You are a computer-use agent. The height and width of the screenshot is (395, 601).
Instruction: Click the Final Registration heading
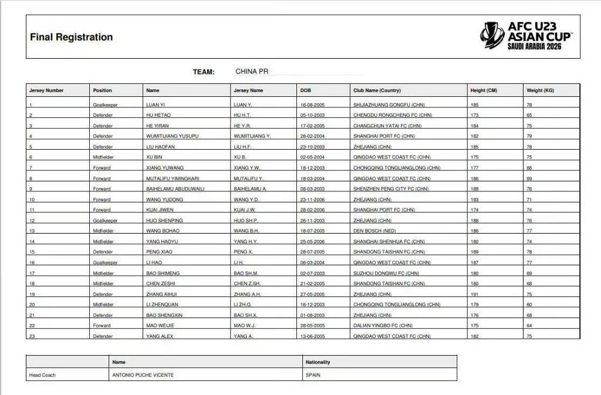71,37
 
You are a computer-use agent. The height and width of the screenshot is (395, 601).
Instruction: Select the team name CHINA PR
252,72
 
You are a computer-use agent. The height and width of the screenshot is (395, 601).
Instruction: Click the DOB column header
306,90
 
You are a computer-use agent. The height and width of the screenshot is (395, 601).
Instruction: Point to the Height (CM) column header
484,90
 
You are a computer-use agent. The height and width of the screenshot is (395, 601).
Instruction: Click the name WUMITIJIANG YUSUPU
172,136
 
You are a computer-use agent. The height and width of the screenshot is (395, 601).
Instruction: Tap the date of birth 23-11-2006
312,200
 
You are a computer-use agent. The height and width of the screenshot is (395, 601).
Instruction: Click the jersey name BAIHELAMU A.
251,189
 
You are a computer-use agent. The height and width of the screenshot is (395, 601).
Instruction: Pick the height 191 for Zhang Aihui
474,294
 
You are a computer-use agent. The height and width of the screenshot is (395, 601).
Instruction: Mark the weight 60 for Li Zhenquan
529,305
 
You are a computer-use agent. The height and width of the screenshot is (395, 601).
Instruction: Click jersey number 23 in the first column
32,336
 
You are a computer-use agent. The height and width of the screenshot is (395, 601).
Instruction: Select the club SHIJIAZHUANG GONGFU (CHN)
389,104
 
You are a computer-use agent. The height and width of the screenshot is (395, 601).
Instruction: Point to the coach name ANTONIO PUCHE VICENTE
143,375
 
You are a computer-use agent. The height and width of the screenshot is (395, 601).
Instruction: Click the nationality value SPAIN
313,375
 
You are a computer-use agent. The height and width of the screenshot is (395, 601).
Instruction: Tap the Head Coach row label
42,375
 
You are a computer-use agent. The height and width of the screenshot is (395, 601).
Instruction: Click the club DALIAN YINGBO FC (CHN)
383,326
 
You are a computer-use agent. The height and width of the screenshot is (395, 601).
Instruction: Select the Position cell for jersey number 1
105,104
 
